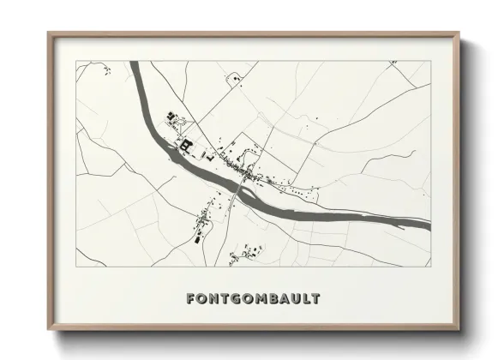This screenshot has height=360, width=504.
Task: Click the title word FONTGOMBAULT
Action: pos(253,299)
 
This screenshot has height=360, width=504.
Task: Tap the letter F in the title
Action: pos(190,299)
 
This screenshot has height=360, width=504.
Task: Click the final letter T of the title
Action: pos(315,299)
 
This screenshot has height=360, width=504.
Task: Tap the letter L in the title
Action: pos(303,299)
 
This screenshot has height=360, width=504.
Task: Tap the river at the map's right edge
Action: pos(428,225)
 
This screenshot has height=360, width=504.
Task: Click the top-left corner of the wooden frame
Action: pos(49,34)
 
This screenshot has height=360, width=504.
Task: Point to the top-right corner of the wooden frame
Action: pos(459,34)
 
